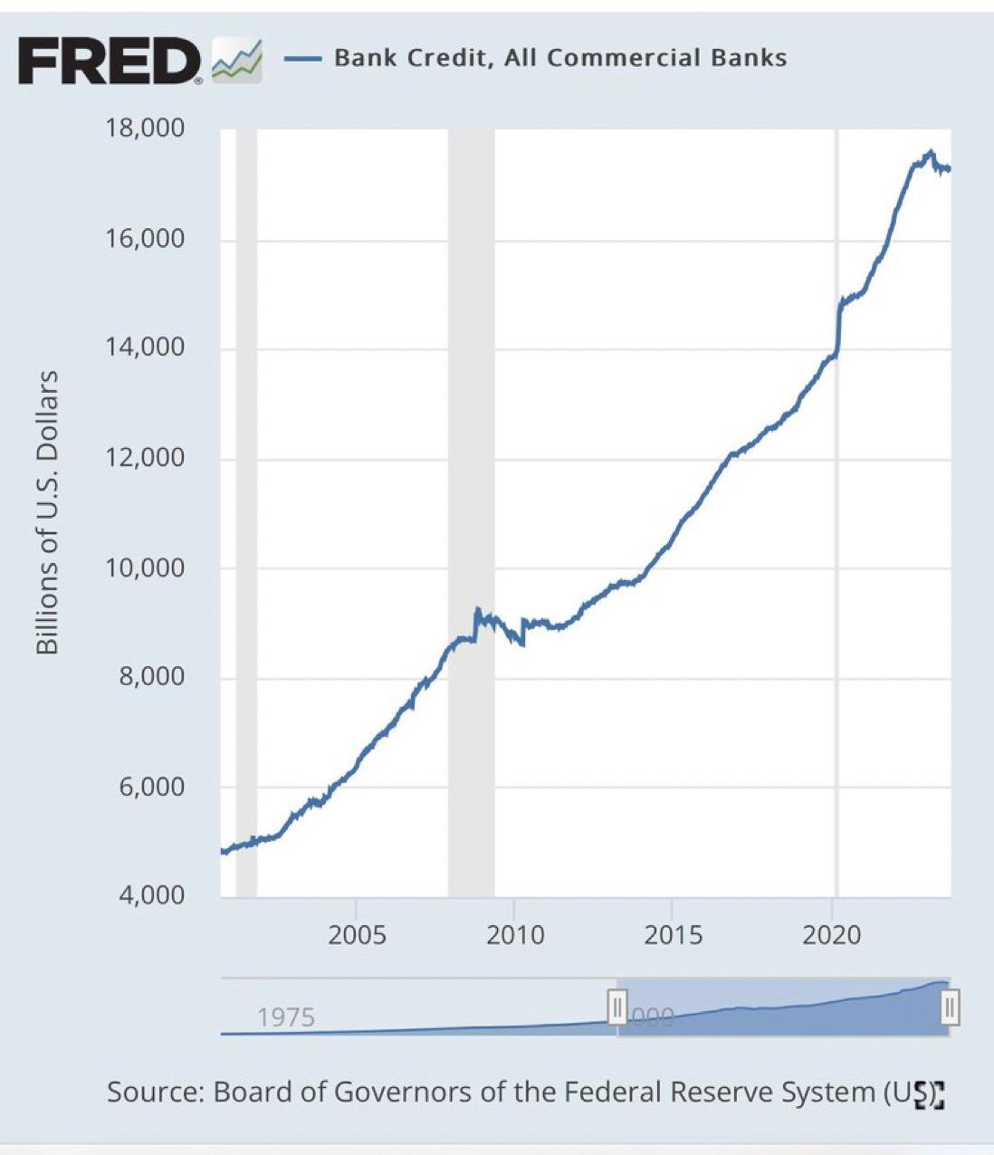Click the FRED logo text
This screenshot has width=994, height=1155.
coord(109,61)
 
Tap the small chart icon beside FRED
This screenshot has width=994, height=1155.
coord(236,61)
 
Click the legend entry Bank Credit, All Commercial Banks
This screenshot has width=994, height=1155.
coord(559,58)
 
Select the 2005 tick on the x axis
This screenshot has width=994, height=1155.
coord(357,934)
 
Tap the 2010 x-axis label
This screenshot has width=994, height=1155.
coord(515,934)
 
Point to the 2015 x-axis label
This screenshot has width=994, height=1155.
coord(673,934)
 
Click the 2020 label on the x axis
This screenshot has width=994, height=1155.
coord(832,934)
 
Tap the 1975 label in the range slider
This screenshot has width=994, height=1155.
coord(285,1017)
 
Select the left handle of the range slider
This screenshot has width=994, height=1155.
coord(616,1007)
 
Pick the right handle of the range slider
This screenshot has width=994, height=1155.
coord(950,1007)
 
